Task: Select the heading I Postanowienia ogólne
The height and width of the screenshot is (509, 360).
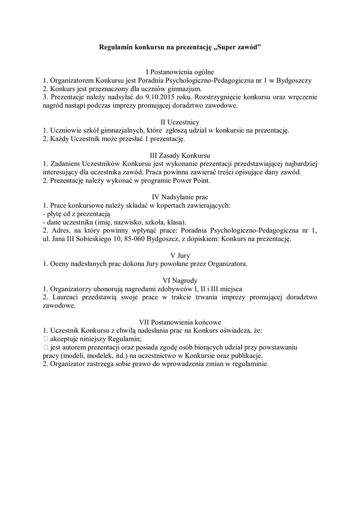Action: pos(180,72)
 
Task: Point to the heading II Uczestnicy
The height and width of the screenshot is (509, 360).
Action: pos(180,122)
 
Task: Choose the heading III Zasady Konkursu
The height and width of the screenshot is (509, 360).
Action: pos(180,155)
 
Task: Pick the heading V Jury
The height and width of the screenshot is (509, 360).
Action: pos(180,255)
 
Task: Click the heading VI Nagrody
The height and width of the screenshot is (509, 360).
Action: pos(180,280)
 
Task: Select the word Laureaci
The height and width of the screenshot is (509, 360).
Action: pos(65,297)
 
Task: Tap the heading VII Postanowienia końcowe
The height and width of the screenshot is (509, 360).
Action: pos(180,322)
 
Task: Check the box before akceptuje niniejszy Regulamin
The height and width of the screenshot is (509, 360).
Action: pos(45,339)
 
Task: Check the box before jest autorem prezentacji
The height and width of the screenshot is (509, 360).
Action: pos(45,347)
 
